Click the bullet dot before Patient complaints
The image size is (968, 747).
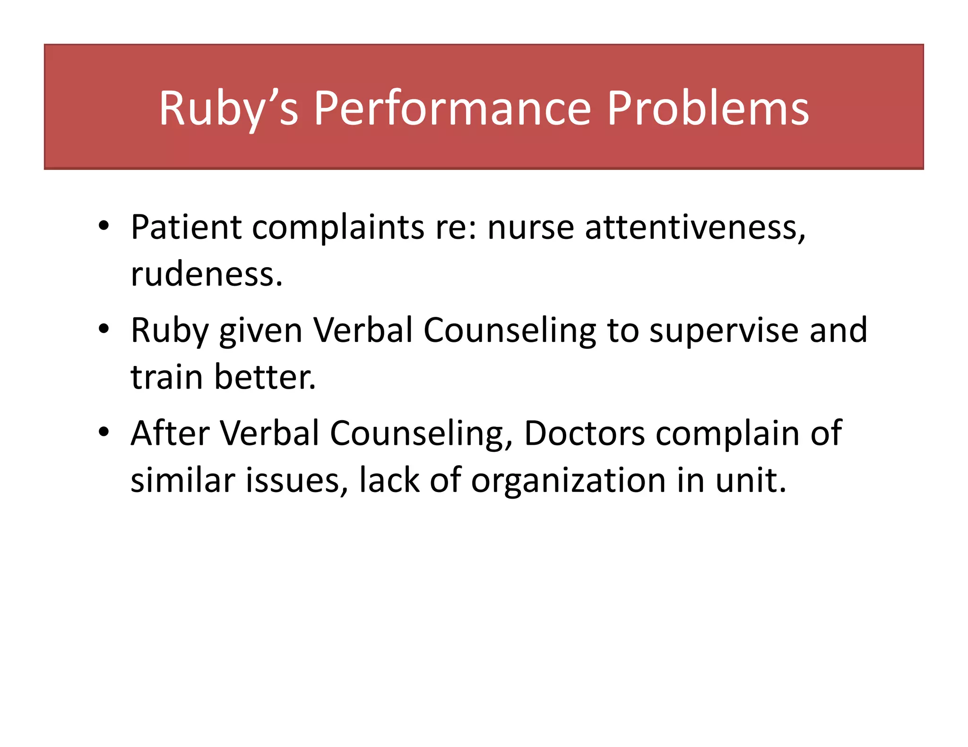coord(104,225)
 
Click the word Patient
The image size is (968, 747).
coord(186,227)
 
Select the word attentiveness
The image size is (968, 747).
coord(695,227)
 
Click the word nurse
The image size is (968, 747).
coord(531,227)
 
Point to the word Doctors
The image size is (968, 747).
coord(584,433)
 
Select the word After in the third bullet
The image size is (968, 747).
coord(170,433)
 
